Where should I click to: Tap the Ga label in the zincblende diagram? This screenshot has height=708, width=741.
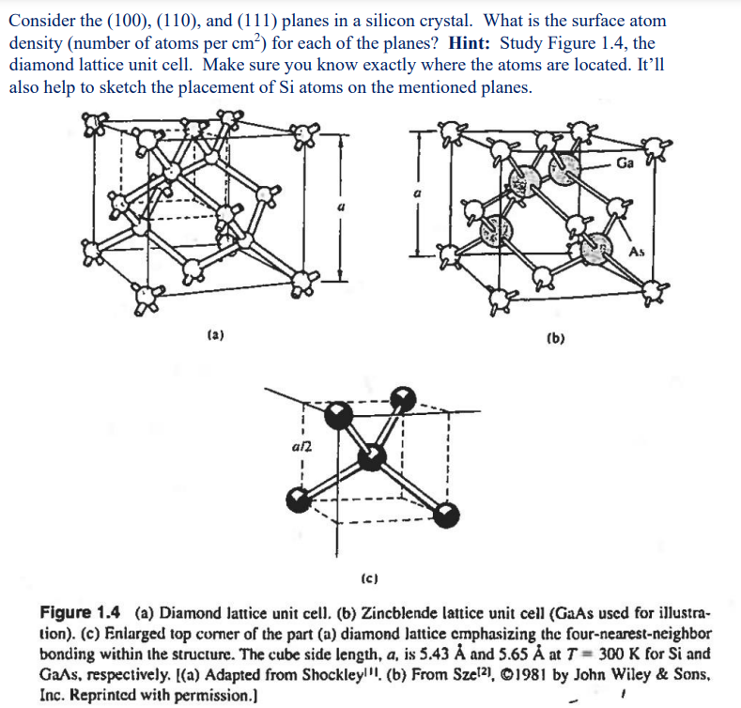click(625, 163)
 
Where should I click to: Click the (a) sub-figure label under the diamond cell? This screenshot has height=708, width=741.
click(214, 333)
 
